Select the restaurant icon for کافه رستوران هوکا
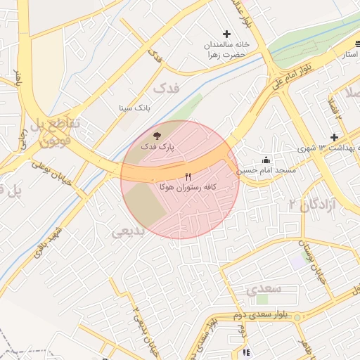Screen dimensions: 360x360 point(188,176)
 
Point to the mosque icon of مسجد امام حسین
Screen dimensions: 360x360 point(266,160)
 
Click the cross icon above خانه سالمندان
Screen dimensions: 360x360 point(226,34)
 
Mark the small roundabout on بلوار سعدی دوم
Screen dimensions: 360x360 point(297,318)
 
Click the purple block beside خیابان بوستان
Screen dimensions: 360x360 point(298,260)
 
